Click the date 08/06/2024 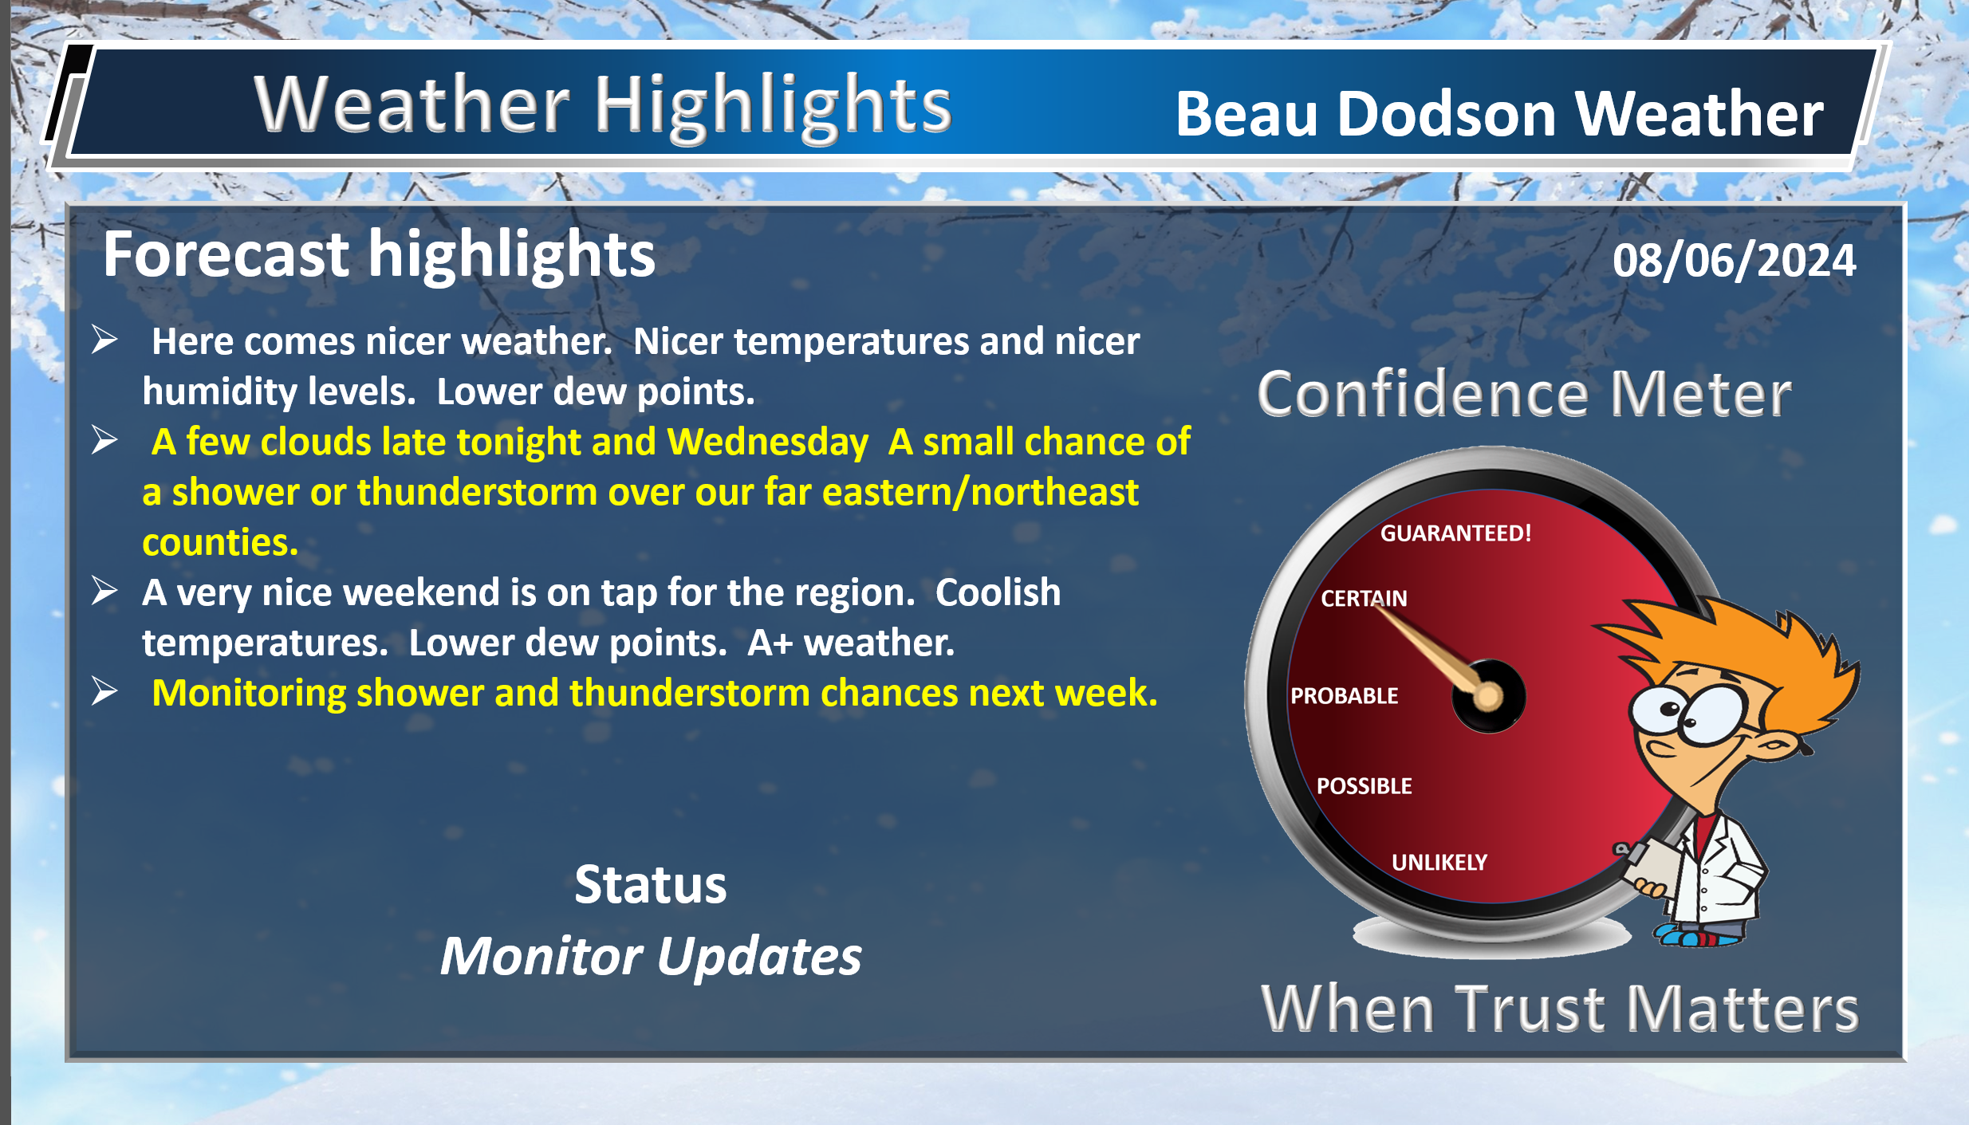1734,261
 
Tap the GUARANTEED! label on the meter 1455,533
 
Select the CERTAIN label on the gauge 1364,598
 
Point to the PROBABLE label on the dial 1344,696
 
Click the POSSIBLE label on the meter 1364,786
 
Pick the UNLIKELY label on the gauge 1439,862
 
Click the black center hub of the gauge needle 1488,696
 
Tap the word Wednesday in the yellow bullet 767,443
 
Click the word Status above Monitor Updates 651,885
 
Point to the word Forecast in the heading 226,254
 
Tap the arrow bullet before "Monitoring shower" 104,690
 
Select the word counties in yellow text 220,543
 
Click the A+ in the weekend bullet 770,643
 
